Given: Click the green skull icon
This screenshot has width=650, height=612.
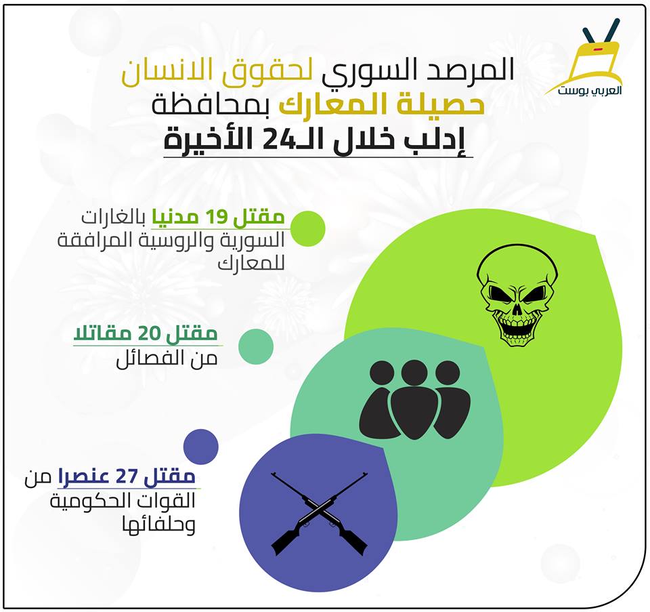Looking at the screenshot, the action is pyautogui.click(x=517, y=295).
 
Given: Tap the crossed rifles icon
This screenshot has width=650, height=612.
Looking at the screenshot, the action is pyautogui.click(x=319, y=513).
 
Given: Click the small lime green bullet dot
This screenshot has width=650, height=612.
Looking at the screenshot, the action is pyautogui.click(x=307, y=228).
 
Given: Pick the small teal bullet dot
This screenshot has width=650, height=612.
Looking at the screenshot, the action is pyautogui.click(x=256, y=346).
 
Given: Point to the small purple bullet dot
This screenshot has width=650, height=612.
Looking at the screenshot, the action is pyautogui.click(x=200, y=447).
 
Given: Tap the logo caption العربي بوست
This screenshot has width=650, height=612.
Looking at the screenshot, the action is pyautogui.click(x=590, y=90).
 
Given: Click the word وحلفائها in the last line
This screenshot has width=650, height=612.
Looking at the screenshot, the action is pyautogui.click(x=158, y=525).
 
